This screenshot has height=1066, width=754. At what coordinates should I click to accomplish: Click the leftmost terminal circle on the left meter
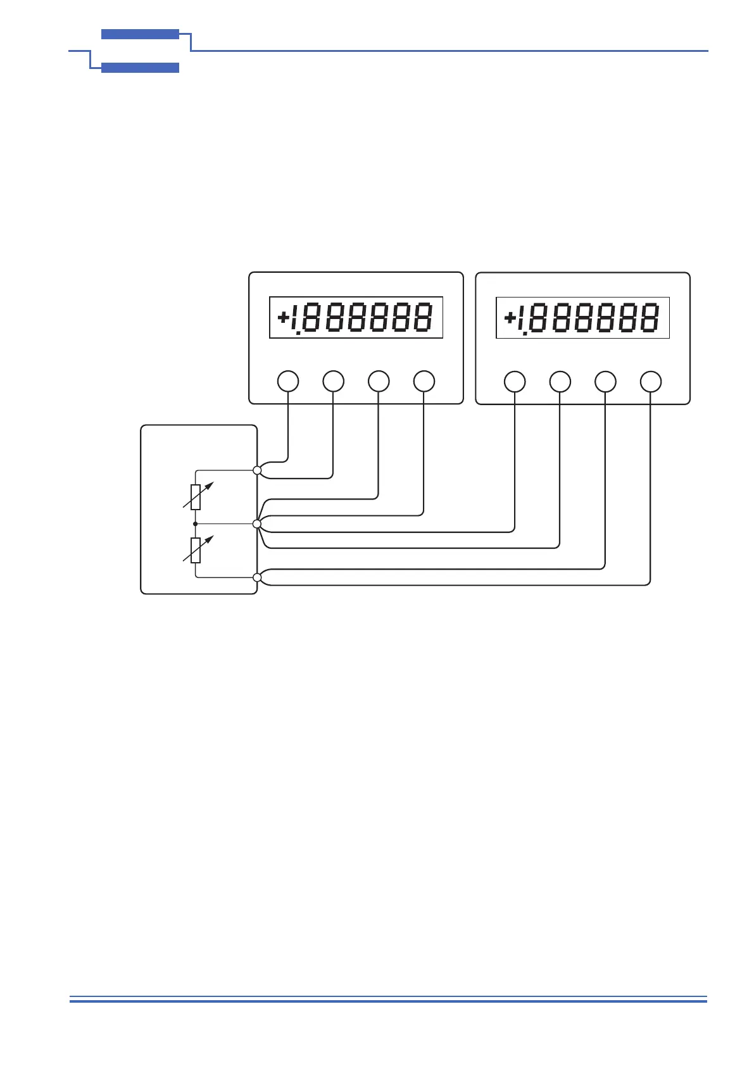(x=288, y=382)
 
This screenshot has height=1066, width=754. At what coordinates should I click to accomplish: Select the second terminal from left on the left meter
(x=334, y=382)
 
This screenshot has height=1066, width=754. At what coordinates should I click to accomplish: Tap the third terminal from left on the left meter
(x=379, y=382)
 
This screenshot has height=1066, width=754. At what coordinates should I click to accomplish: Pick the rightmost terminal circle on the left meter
(x=424, y=382)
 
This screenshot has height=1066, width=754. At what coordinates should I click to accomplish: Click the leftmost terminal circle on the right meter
(x=515, y=382)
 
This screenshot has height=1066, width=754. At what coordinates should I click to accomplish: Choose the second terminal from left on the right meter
(x=560, y=382)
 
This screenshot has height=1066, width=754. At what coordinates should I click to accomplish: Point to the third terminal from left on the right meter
(x=605, y=382)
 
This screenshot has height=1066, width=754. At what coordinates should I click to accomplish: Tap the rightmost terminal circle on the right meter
(x=651, y=382)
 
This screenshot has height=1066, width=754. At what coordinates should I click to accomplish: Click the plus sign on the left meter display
(x=283, y=317)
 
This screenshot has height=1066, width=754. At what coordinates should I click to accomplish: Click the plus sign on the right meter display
(x=510, y=317)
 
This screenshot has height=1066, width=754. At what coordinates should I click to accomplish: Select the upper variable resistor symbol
(x=196, y=497)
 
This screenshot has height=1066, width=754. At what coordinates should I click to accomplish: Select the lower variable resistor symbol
(x=196, y=550)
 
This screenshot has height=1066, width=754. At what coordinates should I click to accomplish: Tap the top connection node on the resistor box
(x=257, y=470)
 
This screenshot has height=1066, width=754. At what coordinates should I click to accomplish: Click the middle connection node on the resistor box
(x=257, y=524)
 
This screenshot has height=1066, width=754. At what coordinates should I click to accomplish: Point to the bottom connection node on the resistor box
(x=257, y=577)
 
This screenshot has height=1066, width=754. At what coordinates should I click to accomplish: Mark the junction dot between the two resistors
(x=196, y=524)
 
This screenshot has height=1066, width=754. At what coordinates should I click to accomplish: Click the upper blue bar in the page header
(x=140, y=34)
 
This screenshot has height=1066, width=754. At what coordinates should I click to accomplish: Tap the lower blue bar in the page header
(x=140, y=68)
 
